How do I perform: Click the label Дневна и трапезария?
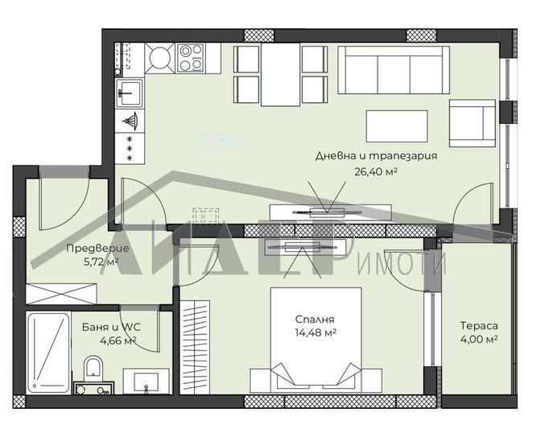(376, 156)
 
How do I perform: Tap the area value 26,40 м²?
(376, 171)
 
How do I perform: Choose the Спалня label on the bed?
(315, 319)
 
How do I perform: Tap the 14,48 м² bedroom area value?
(315, 332)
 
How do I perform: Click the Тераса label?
(478, 326)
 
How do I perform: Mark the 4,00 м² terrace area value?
(478, 339)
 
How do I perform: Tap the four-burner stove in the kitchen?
(191, 57)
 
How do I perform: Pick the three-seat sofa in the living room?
(393, 69)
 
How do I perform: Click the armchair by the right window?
(471, 123)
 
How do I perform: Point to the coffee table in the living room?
(397, 126)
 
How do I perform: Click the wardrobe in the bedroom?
(195, 346)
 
